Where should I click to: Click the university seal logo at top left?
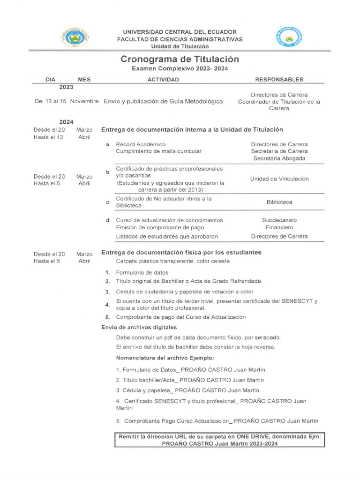(x=74, y=37)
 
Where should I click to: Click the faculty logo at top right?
(x=289, y=37)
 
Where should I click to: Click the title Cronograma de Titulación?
(x=180, y=59)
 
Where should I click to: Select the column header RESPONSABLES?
(x=279, y=80)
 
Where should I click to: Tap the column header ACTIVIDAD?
(x=163, y=80)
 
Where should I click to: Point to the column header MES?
(x=84, y=80)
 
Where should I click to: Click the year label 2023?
(x=66, y=87)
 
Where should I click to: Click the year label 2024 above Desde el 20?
(x=66, y=122)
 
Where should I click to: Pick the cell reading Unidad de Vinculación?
(x=279, y=179)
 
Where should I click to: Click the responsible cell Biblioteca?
(x=279, y=202)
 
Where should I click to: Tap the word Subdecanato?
(x=279, y=220)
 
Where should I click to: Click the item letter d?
(x=108, y=220)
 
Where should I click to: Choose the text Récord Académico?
(x=141, y=144)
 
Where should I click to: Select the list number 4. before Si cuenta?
(x=108, y=305)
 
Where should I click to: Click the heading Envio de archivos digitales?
(x=139, y=327)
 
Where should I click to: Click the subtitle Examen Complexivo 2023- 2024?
(x=180, y=69)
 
